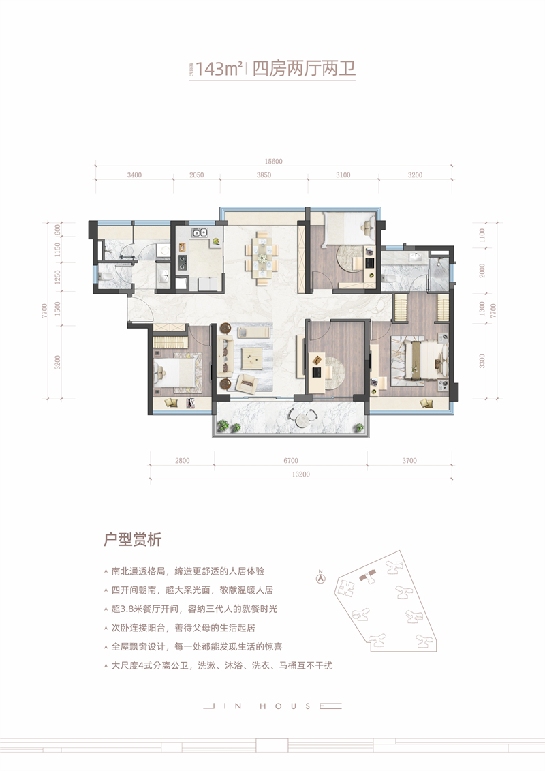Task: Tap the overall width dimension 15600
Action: click(x=272, y=162)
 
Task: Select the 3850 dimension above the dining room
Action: click(x=264, y=175)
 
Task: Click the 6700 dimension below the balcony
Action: click(x=291, y=462)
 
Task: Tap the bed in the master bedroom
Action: click(x=421, y=358)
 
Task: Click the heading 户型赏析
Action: click(x=132, y=541)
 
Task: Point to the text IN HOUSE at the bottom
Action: click(x=272, y=706)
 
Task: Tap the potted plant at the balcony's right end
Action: click(x=359, y=426)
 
